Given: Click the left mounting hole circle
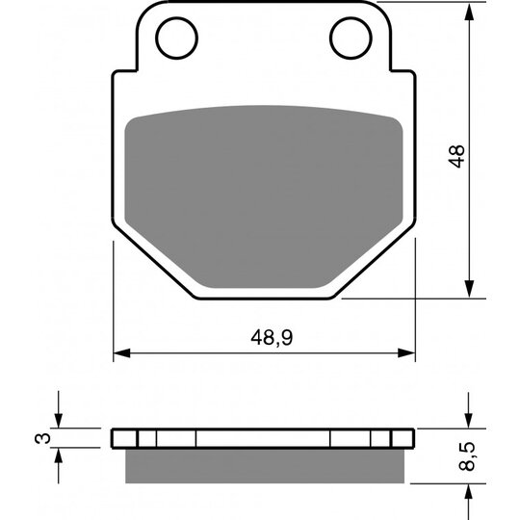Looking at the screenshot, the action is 156,39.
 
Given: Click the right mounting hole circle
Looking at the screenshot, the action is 330,39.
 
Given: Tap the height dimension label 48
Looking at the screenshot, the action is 456,156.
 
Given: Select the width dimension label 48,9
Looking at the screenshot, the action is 272,338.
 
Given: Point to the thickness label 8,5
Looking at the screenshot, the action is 467,456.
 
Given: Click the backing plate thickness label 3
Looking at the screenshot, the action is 42,438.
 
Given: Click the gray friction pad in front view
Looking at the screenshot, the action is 264,195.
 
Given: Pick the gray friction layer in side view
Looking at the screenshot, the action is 265,466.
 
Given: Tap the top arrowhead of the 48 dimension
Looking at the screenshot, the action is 469,13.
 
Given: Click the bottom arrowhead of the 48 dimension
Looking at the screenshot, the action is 469,288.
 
